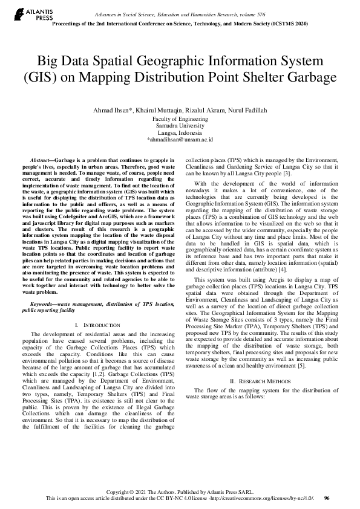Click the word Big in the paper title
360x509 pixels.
point(50,62)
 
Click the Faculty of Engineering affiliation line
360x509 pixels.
point(180,120)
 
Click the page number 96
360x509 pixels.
point(327,498)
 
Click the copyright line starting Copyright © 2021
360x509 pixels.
point(180,491)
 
